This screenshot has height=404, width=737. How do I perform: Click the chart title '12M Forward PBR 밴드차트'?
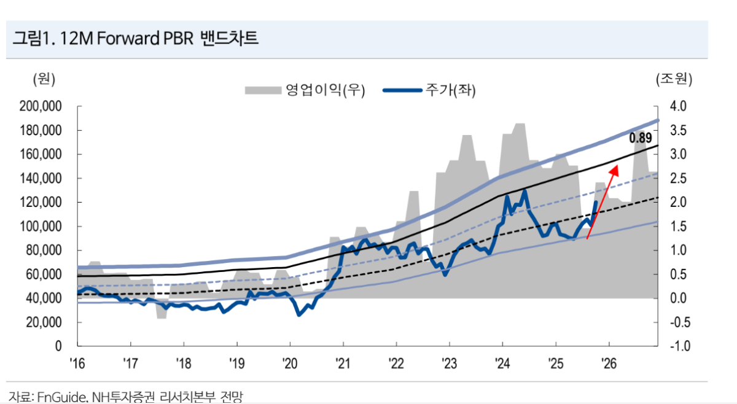[x=135, y=38]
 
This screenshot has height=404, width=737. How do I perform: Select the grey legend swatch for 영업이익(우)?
[x=263, y=91]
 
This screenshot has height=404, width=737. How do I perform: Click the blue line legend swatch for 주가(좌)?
[x=402, y=91]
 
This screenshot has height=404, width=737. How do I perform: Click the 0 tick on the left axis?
[x=58, y=346]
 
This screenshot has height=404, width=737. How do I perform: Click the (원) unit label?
[x=44, y=79]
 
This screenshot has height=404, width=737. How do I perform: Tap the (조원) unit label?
[x=674, y=79]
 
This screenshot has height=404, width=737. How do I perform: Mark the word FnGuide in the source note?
[x=61, y=397]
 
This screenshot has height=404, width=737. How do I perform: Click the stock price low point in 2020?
[x=299, y=315]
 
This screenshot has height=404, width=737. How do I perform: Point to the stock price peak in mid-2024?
[x=524, y=191]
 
